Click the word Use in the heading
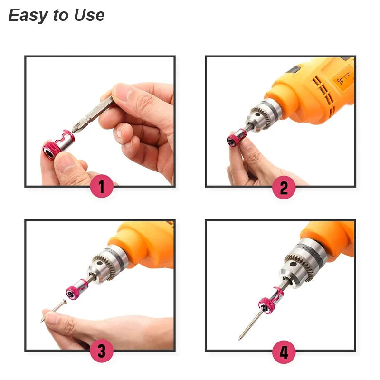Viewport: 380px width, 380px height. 89,15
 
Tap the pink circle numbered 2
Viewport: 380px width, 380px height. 284,188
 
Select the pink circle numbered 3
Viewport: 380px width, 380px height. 102,351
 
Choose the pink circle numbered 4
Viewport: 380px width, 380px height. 284,353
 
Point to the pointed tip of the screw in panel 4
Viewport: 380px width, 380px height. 240,339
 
